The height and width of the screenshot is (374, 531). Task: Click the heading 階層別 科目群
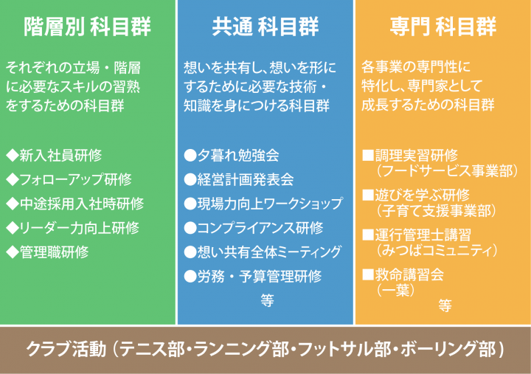[x=87, y=27]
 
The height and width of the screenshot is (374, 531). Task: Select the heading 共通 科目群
[x=265, y=27]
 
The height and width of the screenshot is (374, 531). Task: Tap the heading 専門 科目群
[x=443, y=27]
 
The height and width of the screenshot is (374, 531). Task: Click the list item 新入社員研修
[x=60, y=156]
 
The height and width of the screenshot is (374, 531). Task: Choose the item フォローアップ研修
[x=75, y=179]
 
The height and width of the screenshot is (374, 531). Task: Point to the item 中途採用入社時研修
[x=82, y=204]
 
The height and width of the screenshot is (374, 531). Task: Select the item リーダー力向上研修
[x=80, y=228]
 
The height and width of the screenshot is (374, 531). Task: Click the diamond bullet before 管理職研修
[x=13, y=252]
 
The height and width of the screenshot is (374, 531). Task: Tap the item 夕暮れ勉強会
[x=238, y=156]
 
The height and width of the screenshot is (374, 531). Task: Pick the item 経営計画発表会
[x=246, y=179]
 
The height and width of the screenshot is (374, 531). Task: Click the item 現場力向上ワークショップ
[x=270, y=204]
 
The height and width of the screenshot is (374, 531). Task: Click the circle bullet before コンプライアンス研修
[x=190, y=228]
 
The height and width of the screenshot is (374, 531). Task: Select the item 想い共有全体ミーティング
[x=270, y=252]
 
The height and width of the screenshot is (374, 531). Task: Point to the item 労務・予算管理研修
[x=260, y=277]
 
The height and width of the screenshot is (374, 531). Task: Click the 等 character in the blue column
[x=267, y=300]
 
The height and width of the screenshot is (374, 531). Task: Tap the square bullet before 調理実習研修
[x=368, y=155]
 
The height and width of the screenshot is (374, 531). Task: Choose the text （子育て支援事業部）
[x=437, y=211]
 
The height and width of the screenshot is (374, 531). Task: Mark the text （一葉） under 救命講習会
[x=395, y=291]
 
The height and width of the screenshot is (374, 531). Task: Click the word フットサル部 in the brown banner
[x=344, y=349]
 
